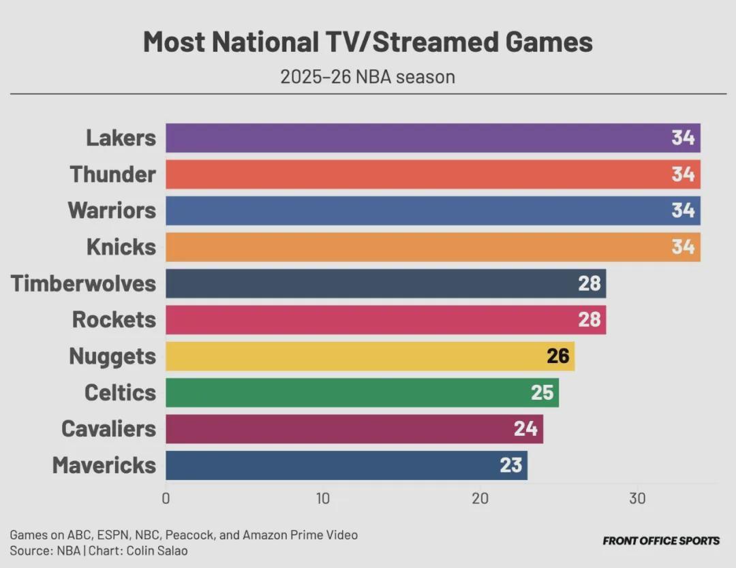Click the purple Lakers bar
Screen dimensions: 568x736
tap(409, 138)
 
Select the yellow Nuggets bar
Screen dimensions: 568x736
tap(354, 356)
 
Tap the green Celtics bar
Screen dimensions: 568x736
tap(348, 392)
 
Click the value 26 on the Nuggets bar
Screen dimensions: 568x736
tap(557, 356)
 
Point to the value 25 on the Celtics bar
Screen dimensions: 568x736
tap(542, 392)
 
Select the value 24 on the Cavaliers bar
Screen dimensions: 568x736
tap(526, 429)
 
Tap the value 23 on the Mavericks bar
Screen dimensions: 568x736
tap(510, 465)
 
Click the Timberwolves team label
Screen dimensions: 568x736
tap(83, 283)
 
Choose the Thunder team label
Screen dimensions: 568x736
tap(112, 174)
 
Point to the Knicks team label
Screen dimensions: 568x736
tap(121, 247)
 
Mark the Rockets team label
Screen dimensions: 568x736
tap(114, 319)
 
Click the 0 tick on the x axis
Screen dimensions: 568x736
tap(166, 499)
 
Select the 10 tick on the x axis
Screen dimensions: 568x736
tap(323, 499)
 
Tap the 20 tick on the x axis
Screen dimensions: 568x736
tap(480, 499)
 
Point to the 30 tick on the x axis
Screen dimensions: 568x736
tap(637, 499)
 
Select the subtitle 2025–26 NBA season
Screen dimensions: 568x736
tap(367, 76)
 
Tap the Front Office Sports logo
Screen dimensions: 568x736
tap(661, 541)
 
